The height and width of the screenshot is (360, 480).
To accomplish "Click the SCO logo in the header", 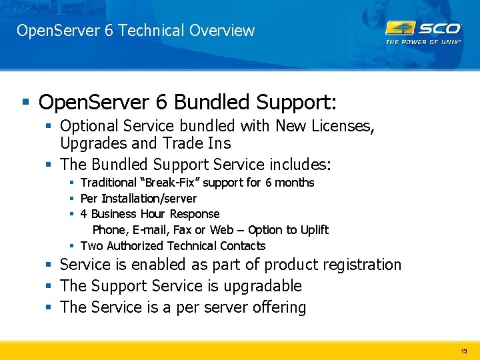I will [423, 29].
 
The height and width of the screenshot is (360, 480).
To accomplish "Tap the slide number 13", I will [464, 351].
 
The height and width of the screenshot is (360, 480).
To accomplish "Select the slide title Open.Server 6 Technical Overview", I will [135, 31].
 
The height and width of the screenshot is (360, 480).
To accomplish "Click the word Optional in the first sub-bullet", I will [88, 125].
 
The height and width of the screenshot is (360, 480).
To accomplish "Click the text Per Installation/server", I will [139, 198].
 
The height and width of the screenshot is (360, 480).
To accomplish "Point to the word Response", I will [195, 214].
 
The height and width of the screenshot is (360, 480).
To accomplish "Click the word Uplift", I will [315, 230].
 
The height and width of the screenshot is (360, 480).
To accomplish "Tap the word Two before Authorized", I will [93, 246].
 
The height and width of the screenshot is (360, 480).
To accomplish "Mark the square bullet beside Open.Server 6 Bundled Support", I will [26, 102].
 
